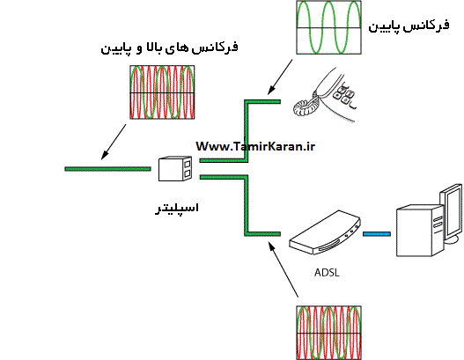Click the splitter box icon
pyautogui.click(x=175, y=169)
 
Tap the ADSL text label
pyautogui.click(x=327, y=273)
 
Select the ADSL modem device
pyautogui.click(x=325, y=233)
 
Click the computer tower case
pyautogui.click(x=419, y=231)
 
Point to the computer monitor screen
pyautogui.click(x=452, y=211)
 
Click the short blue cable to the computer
pyautogui.click(x=377, y=234)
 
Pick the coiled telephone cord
pyautogui.click(x=306, y=106)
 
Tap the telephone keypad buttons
pyautogui.click(x=343, y=95)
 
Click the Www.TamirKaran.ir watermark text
pyautogui.click(x=255, y=146)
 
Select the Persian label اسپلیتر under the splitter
pyautogui.click(x=177, y=209)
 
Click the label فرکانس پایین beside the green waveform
pyautogui.click(x=409, y=26)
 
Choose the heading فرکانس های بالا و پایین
pyautogui.click(x=170, y=48)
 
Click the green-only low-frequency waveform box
pyautogui.click(x=328, y=27)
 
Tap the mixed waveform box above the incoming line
pyautogui.click(x=162, y=92)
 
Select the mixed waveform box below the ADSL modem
pyautogui.click(x=328, y=333)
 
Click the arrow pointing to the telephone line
pyautogui.click(x=280, y=77)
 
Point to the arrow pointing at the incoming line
pyautogui.click(x=114, y=142)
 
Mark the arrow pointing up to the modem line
pyautogui.click(x=284, y=269)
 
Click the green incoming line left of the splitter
pyautogui.click(x=107, y=169)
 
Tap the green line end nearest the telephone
pyautogui.click(x=280, y=102)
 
